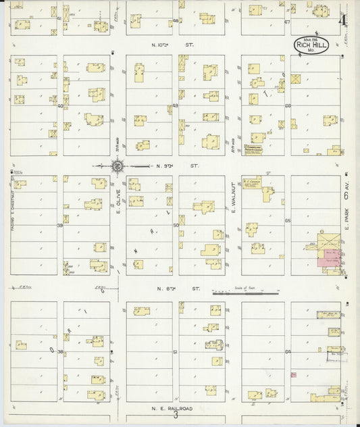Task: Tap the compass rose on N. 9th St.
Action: (117, 164)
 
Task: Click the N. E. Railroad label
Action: (173, 409)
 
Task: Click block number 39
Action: (60, 225)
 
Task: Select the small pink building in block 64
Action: (292, 374)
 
